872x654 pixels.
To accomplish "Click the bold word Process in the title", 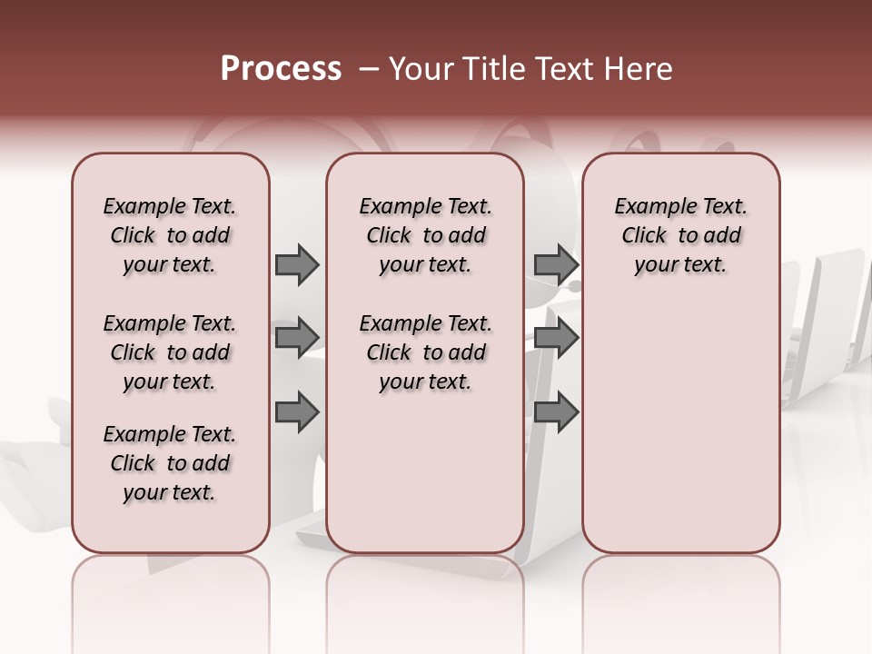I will point(281,69).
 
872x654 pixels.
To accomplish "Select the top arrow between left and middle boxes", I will point(297,264).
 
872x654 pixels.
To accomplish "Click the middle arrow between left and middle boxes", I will point(297,338).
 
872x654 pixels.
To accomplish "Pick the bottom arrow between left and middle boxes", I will point(297,411).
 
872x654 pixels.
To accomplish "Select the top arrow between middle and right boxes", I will point(556,264).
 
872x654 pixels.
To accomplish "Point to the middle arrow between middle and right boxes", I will point(556,338).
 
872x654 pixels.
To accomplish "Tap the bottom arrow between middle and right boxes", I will point(556,411).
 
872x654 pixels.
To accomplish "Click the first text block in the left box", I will point(170,235).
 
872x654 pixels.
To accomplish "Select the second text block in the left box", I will point(170,352).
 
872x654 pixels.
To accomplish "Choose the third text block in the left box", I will point(170,463).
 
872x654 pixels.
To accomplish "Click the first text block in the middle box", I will point(425,235).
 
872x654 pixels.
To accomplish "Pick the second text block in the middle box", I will point(425,352).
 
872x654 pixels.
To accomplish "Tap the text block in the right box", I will point(681,235).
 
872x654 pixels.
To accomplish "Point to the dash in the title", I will point(369,69).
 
